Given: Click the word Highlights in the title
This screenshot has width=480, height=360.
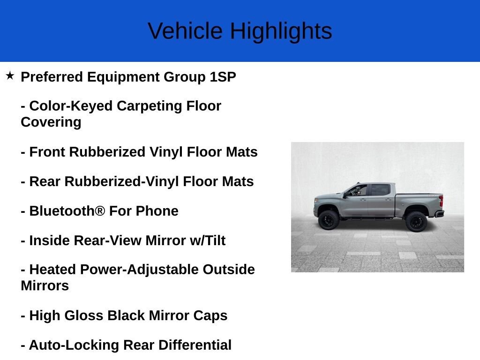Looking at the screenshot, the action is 281,31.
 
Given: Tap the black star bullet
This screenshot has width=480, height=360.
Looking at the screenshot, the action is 10,75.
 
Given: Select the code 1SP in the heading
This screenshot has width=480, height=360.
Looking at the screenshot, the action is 223,77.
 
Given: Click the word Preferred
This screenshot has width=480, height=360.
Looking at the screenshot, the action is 52,77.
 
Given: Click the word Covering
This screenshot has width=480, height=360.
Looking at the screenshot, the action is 51,122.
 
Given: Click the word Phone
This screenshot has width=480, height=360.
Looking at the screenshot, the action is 157,211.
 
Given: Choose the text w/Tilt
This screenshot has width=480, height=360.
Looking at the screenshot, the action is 208,240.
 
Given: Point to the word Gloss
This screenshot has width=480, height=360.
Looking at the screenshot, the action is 84,315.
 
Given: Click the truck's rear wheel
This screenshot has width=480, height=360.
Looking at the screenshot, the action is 416,221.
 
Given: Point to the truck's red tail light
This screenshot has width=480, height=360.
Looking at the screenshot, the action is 441,201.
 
